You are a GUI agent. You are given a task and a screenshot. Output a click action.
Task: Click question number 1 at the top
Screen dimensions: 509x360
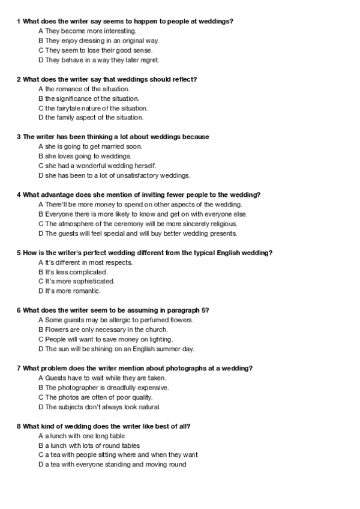[19, 22]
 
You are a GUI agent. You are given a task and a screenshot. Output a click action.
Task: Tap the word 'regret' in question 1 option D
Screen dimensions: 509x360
[149, 60]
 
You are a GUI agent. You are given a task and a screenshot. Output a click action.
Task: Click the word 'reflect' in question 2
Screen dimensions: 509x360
[186, 79]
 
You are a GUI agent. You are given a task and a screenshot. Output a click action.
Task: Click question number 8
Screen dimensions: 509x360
[19, 426]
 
